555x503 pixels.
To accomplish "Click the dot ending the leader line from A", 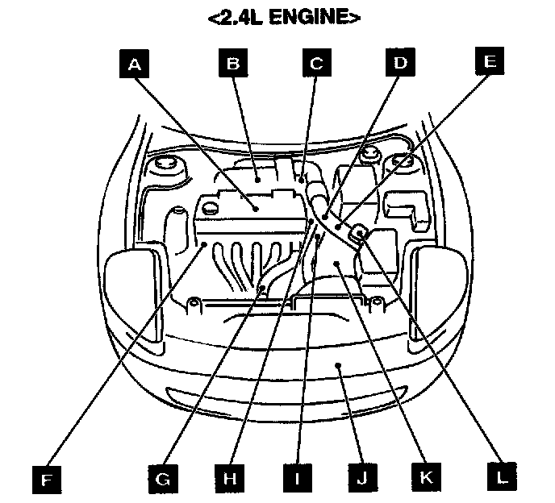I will pyautogui.click(x=255, y=208).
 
